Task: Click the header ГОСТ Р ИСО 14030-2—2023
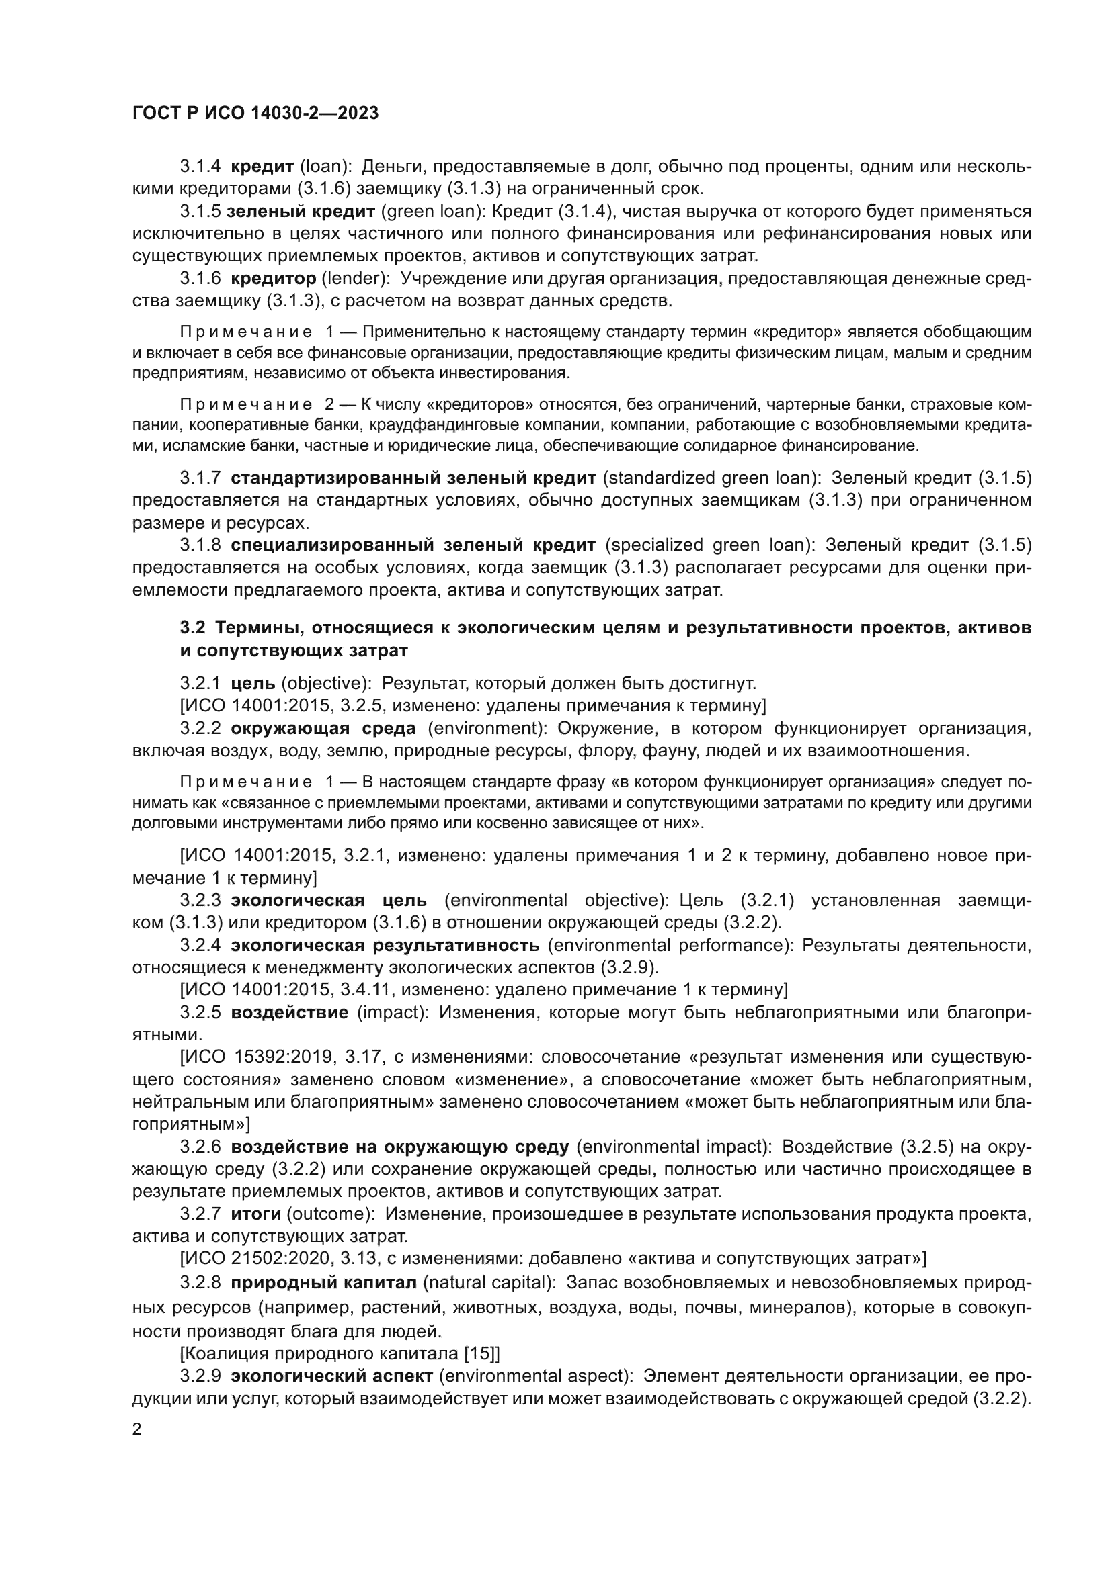255,114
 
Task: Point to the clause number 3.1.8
200,545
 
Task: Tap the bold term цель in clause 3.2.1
253,683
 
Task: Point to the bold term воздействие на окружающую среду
400,1147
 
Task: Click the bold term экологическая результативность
385,946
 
